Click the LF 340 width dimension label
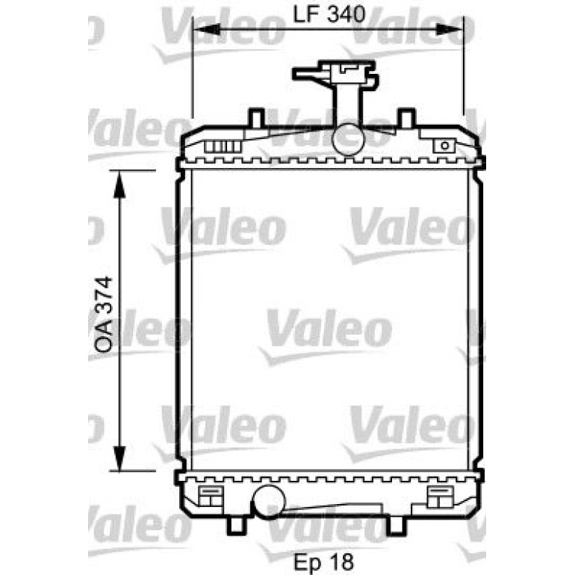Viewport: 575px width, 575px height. coord(329,14)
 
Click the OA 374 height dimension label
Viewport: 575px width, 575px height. coord(103,315)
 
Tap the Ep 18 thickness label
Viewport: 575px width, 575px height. coord(324,562)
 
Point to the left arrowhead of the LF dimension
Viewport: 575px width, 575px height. coord(206,29)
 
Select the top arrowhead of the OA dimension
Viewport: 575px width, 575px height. coord(119,184)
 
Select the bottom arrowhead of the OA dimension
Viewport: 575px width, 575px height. coord(119,457)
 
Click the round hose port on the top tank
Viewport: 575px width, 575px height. coord(348,140)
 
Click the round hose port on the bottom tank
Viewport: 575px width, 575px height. coord(270,502)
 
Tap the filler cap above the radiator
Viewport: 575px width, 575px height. coord(335,75)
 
